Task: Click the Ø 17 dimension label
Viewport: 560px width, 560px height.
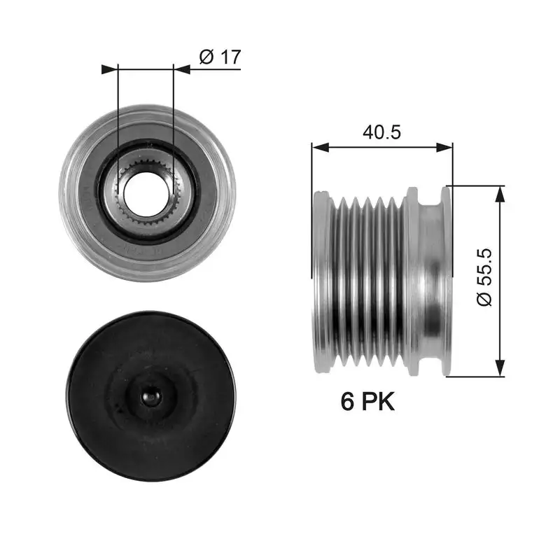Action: tap(220, 57)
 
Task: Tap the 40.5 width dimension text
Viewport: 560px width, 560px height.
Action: tap(381, 132)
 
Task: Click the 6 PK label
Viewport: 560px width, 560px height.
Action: tap(367, 401)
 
